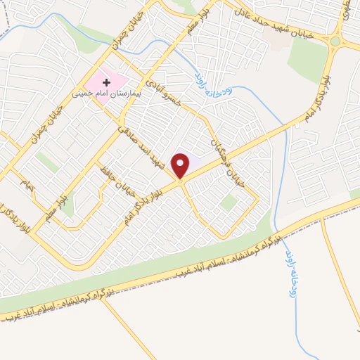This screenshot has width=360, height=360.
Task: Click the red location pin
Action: pos(181,165)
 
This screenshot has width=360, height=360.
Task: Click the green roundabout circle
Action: pos(335,42)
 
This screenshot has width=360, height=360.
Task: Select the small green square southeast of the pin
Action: pos(228,202)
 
